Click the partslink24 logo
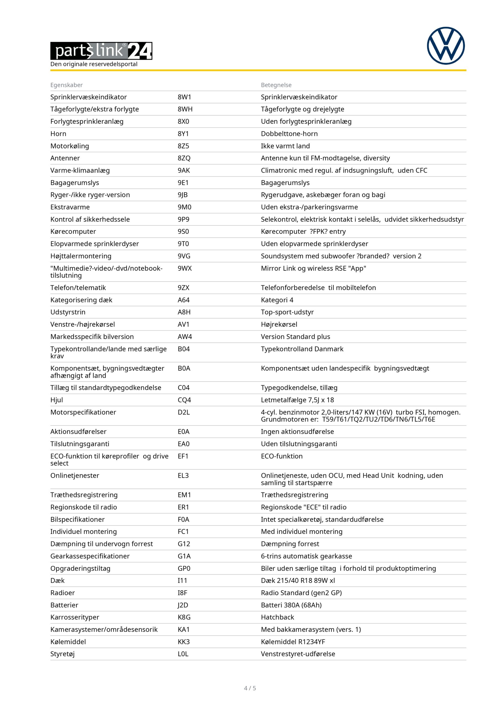(x=101, y=51)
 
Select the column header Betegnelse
(x=276, y=85)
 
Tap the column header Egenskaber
(x=67, y=85)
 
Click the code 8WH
(x=185, y=109)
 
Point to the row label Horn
(x=58, y=134)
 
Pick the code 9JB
(x=182, y=195)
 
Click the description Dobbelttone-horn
(x=289, y=134)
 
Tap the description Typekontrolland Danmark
(x=302, y=349)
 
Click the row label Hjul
(x=57, y=400)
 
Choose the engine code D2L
(x=184, y=412)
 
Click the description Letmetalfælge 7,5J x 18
(x=297, y=400)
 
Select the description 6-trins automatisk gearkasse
(x=306, y=556)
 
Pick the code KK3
(x=184, y=642)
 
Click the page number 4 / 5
(x=250, y=688)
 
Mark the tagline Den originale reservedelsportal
(x=94, y=64)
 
